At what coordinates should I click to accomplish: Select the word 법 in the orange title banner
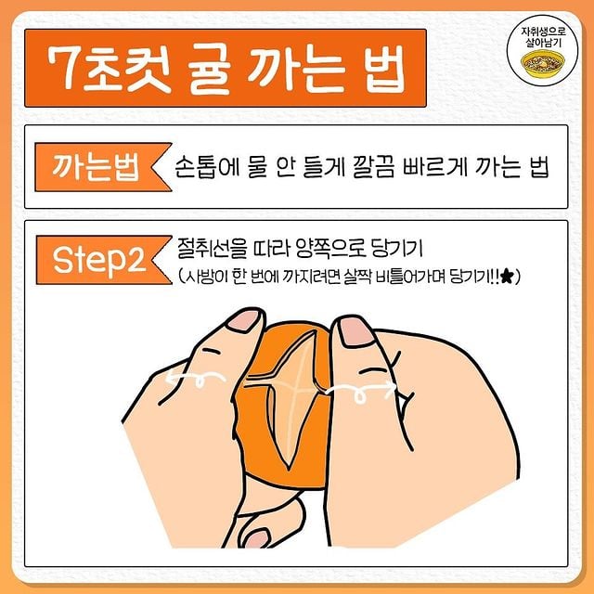point(385,70)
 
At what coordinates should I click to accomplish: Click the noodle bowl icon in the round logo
point(542,62)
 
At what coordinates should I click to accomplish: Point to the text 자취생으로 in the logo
point(543,32)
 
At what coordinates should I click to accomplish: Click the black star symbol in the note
point(507,276)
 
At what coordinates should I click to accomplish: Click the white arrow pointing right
point(361,390)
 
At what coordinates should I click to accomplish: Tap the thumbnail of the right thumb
point(354,331)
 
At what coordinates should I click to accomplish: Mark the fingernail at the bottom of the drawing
point(257,538)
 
